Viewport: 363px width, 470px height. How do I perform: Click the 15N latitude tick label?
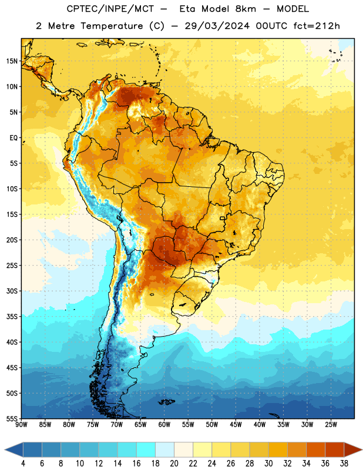(12, 61)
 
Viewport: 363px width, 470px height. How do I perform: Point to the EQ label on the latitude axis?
(14, 138)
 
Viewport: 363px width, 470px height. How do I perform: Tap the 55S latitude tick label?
(12, 419)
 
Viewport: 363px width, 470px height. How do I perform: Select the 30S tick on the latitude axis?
(12, 291)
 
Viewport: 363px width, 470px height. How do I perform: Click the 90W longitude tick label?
(21, 425)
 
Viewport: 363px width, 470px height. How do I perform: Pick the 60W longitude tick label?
(164, 425)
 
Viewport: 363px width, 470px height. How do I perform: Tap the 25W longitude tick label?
(331, 425)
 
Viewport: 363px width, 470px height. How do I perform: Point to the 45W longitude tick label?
(236, 425)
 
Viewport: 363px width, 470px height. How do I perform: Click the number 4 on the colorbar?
(23, 464)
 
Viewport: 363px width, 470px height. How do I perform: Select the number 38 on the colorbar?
(344, 464)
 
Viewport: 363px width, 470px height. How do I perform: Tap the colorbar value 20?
(174, 464)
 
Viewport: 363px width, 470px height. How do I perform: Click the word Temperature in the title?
(112, 26)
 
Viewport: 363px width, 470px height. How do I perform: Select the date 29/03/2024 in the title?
(217, 26)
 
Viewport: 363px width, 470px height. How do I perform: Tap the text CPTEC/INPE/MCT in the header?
(110, 9)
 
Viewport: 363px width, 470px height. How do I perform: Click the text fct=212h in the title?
(317, 26)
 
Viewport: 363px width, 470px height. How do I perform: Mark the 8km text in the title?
(246, 9)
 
